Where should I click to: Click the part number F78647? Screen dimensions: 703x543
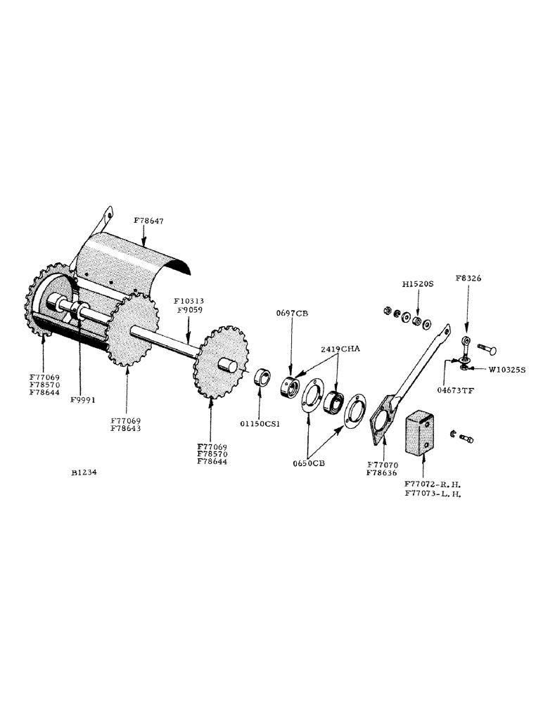[149, 221]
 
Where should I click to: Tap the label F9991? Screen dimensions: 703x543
[83, 399]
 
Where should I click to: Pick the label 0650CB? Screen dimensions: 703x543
[310, 465]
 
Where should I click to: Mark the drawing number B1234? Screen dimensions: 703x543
[84, 473]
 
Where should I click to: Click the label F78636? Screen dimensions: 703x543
[383, 473]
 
